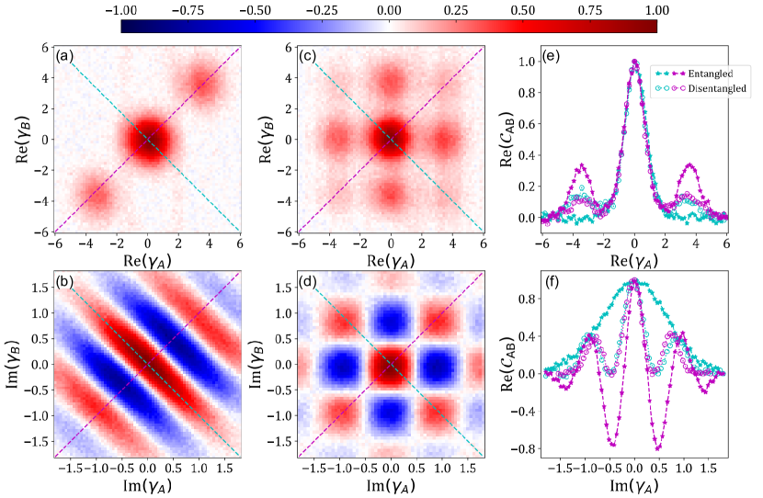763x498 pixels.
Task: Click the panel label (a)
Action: coord(64,57)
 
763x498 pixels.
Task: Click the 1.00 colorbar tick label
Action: coord(658,8)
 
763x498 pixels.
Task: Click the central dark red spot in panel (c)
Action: coord(391,140)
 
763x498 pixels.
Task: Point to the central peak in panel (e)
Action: coord(634,62)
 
